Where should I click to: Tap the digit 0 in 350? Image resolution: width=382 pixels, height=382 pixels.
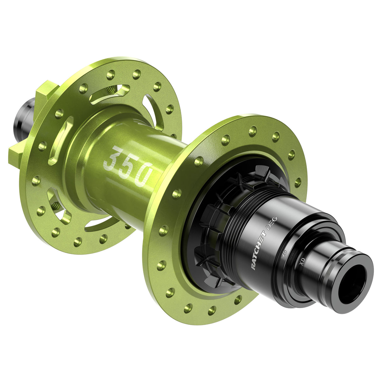tap(145, 174)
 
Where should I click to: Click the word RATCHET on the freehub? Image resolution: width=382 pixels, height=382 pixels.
tap(258, 249)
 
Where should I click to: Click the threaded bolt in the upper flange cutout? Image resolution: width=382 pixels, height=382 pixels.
tap(111, 89)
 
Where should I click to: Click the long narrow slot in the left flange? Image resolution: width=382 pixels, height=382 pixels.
tap(60, 140)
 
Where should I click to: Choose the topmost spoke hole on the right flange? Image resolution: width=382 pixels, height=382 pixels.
tap(253, 131)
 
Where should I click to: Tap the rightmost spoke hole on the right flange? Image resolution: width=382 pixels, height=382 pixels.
tap(298, 182)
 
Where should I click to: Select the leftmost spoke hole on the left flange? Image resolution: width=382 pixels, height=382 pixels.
tap(36, 181)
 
